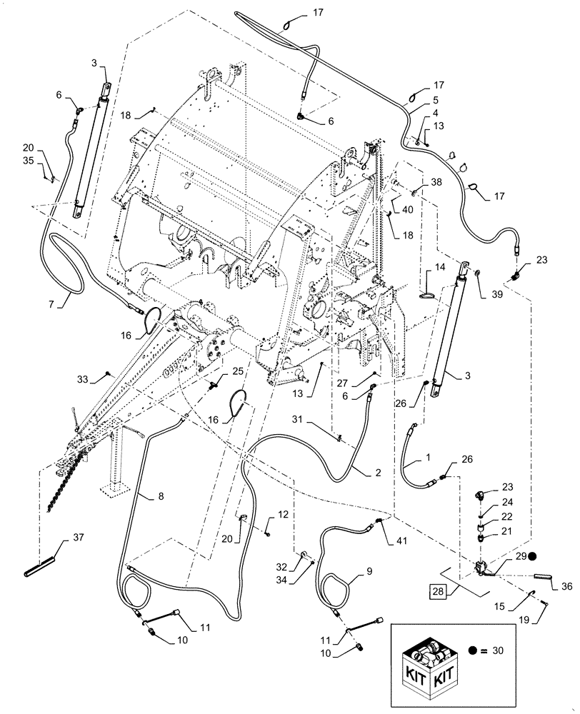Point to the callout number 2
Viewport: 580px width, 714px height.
376,472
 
